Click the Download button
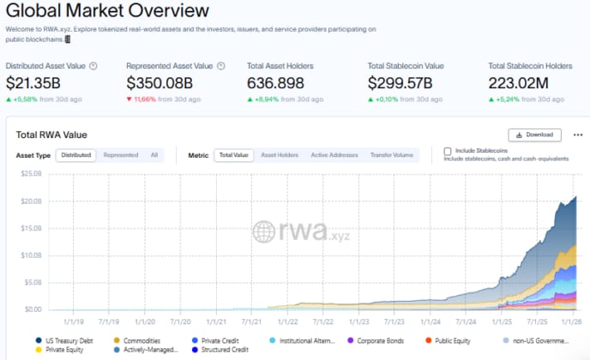534,135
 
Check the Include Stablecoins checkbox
448,152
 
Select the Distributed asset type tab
76,155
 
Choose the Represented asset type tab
121,155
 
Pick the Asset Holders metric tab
280,155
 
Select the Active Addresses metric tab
333,155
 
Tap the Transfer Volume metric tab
390,155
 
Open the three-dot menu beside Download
577,135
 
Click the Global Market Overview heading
107,11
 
